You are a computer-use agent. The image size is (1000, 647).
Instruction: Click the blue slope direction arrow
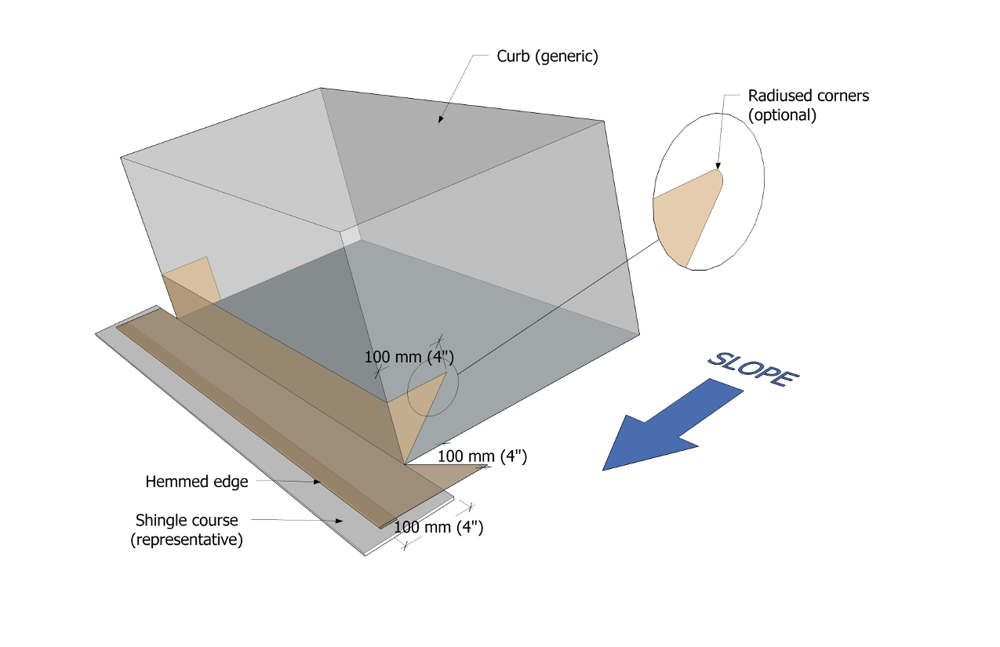coord(667,423)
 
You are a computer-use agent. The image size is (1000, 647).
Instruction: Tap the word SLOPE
coord(753,368)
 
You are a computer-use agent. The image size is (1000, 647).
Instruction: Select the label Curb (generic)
coord(547,56)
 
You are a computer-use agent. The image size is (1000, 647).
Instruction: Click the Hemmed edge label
coord(197,482)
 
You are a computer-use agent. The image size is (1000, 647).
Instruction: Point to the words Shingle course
coord(187,520)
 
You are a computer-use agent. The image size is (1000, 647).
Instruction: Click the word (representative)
coord(187,540)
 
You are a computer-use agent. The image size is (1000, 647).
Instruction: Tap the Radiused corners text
coord(809,96)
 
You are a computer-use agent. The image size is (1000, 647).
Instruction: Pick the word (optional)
coord(782,114)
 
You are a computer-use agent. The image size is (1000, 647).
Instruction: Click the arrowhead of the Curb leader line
coord(440,119)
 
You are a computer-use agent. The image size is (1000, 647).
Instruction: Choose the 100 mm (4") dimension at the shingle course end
coord(438,527)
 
